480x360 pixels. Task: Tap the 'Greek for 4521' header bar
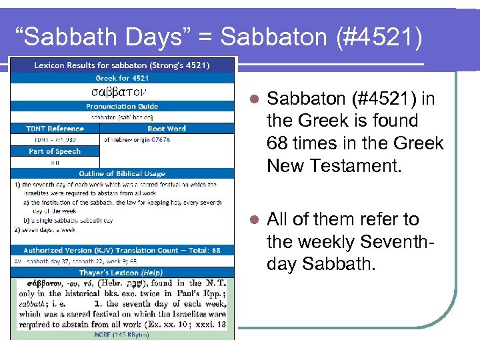point(123,77)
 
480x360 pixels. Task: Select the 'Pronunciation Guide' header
point(123,106)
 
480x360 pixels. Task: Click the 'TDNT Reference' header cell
point(55,129)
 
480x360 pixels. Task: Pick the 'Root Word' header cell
point(167,129)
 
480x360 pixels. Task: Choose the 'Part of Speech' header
point(55,151)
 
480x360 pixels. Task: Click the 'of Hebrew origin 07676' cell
point(137,140)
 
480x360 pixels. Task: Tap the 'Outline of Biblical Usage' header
point(123,174)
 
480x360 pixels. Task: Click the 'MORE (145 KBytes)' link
point(122,333)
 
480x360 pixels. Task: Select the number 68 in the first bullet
point(279,143)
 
